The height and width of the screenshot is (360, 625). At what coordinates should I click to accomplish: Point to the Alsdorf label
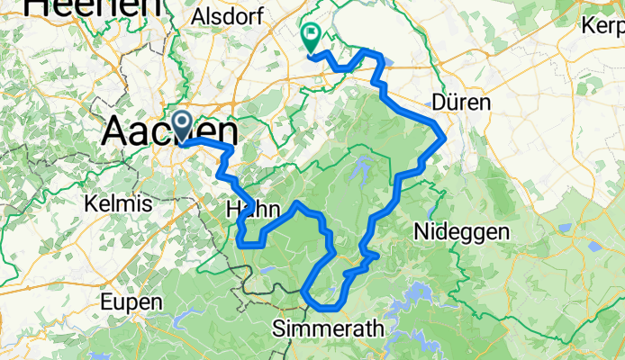224,18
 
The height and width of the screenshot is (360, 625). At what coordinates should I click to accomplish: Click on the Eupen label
131,301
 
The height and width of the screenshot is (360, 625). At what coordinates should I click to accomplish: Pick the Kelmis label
116,204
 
